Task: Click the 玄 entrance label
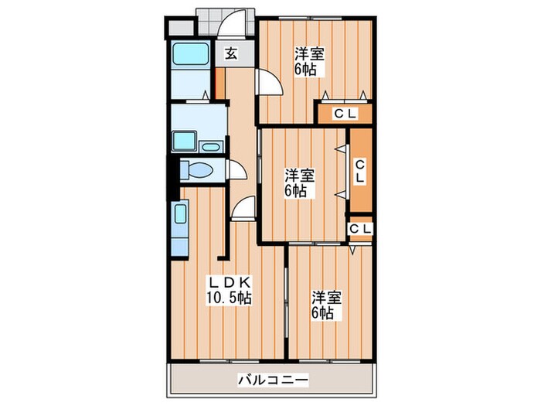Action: (230, 54)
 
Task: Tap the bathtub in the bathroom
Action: (189, 57)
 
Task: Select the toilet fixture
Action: (199, 171)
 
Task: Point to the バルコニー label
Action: (272, 380)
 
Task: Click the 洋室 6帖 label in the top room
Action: (308, 61)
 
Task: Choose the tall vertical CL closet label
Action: (360, 171)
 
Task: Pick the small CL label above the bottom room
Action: (359, 229)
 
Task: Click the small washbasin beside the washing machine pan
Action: (210, 145)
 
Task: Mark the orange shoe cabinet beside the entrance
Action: (220, 83)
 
